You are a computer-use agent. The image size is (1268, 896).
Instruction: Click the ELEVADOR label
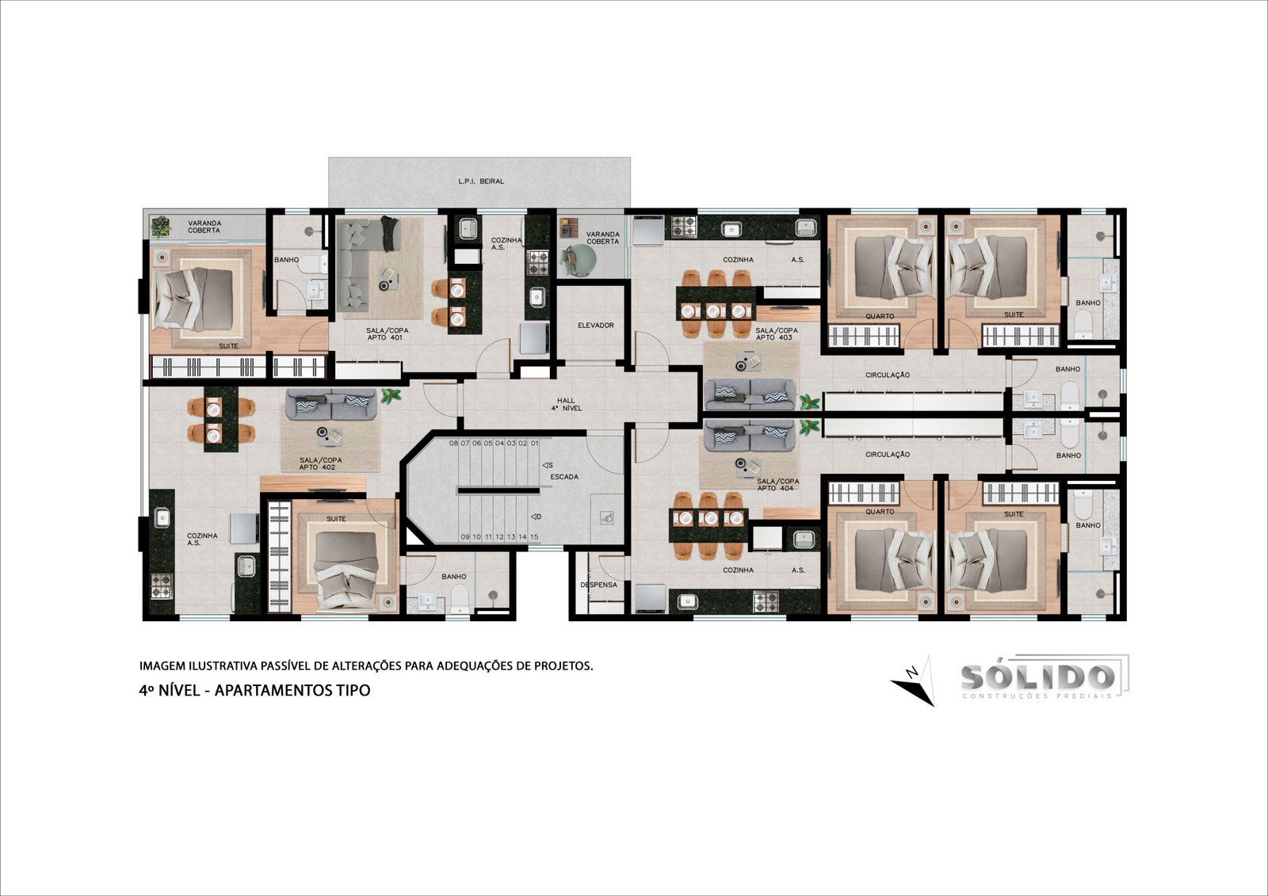(595, 326)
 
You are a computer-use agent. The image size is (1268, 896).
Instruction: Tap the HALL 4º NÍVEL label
(566, 404)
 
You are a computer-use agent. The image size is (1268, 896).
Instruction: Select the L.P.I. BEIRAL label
(480, 181)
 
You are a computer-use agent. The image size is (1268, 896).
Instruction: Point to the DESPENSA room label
(598, 585)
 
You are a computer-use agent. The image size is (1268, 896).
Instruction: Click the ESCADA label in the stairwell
(564, 477)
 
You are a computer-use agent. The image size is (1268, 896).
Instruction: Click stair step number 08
(453, 443)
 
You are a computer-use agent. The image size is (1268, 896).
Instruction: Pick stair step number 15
(534, 536)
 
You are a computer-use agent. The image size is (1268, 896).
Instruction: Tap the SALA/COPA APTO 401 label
(388, 334)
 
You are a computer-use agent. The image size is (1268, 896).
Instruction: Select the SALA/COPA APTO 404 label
(777, 485)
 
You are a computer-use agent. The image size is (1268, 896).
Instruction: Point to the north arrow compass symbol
(914, 681)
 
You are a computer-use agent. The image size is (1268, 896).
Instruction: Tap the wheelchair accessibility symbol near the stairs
(607, 517)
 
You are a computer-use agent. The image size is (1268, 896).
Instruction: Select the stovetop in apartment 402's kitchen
(162, 585)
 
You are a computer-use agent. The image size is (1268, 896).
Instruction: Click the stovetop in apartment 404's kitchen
(766, 601)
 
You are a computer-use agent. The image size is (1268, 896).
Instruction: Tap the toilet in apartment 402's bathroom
(460, 598)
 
